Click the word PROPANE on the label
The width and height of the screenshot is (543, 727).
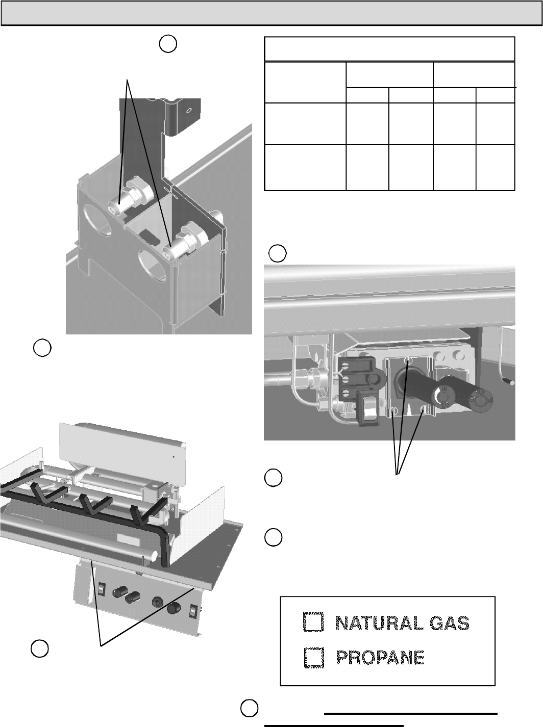[380, 658]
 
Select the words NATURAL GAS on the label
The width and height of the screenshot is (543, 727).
[402, 623]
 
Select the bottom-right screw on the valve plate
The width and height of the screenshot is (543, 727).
[422, 409]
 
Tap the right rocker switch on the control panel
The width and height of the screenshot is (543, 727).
[193, 610]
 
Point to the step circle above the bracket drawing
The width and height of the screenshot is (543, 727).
[167, 44]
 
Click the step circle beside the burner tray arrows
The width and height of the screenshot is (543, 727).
[39, 648]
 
